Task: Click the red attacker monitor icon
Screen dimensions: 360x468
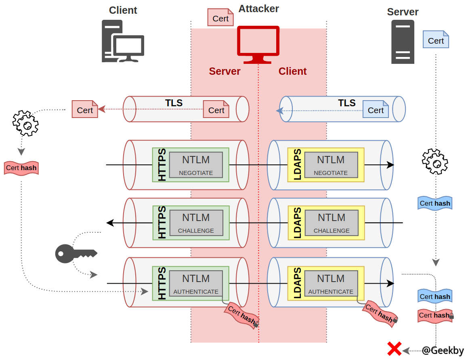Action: coord(258,44)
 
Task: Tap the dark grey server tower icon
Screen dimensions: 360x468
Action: coord(403,42)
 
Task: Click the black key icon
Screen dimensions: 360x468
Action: coord(76,254)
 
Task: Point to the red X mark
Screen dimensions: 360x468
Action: coord(394,349)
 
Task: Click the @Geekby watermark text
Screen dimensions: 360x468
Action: coord(443,350)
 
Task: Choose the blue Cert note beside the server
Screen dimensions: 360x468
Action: coord(436,40)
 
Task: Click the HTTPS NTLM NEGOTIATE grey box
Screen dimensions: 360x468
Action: coord(196,164)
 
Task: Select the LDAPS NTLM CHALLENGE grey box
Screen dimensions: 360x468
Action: coord(332,222)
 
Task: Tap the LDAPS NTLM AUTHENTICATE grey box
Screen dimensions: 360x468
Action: coord(331,283)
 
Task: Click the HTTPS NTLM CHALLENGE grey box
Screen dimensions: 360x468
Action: coord(196,222)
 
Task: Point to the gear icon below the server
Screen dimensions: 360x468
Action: coord(435,162)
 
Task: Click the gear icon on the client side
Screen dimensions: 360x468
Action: coord(25,123)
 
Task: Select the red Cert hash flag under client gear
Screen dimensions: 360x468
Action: coord(21,168)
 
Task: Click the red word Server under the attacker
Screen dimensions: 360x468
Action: coord(225,72)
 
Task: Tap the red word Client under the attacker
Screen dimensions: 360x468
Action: coord(292,72)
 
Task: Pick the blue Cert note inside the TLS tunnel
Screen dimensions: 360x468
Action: coord(376,109)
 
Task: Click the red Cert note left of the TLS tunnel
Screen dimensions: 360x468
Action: coord(85,109)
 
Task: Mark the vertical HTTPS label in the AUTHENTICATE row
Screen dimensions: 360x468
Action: coord(162,283)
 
